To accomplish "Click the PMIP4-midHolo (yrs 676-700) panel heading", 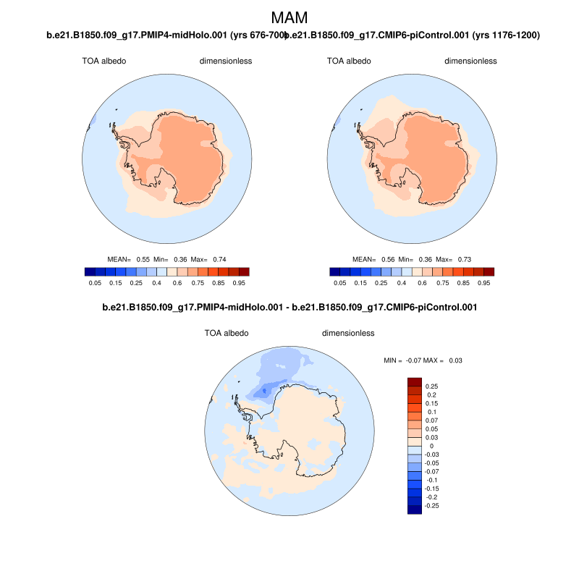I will [165, 35].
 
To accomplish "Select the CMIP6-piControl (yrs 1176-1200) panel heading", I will [414, 35].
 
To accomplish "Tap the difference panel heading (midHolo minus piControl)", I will [289, 308].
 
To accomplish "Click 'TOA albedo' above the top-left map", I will [104, 61].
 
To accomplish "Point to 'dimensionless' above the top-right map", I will [470, 61].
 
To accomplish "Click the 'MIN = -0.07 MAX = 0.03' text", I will [423, 360].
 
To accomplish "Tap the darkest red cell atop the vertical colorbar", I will [414, 382].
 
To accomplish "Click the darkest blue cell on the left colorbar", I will [90, 271].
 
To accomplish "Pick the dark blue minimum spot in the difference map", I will [264, 391].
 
